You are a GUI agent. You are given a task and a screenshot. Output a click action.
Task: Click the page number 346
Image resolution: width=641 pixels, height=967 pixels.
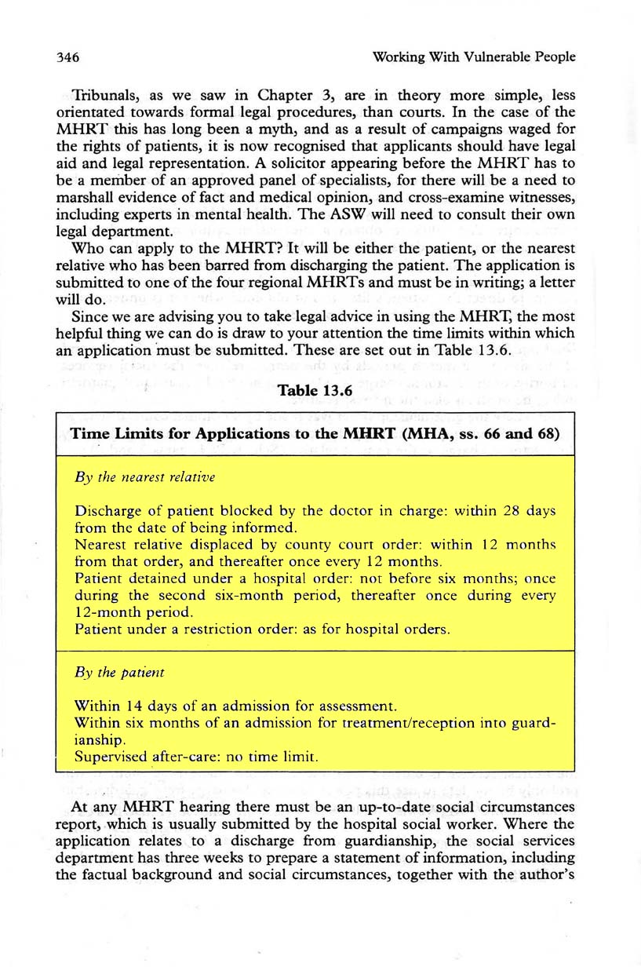click(x=70, y=57)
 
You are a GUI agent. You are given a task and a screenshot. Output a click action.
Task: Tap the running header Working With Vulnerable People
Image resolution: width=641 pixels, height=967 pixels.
click(x=475, y=57)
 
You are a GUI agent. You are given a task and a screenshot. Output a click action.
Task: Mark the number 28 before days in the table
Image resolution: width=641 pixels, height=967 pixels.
click(x=513, y=511)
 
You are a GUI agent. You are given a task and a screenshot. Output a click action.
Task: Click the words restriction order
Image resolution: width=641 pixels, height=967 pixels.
click(x=224, y=629)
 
